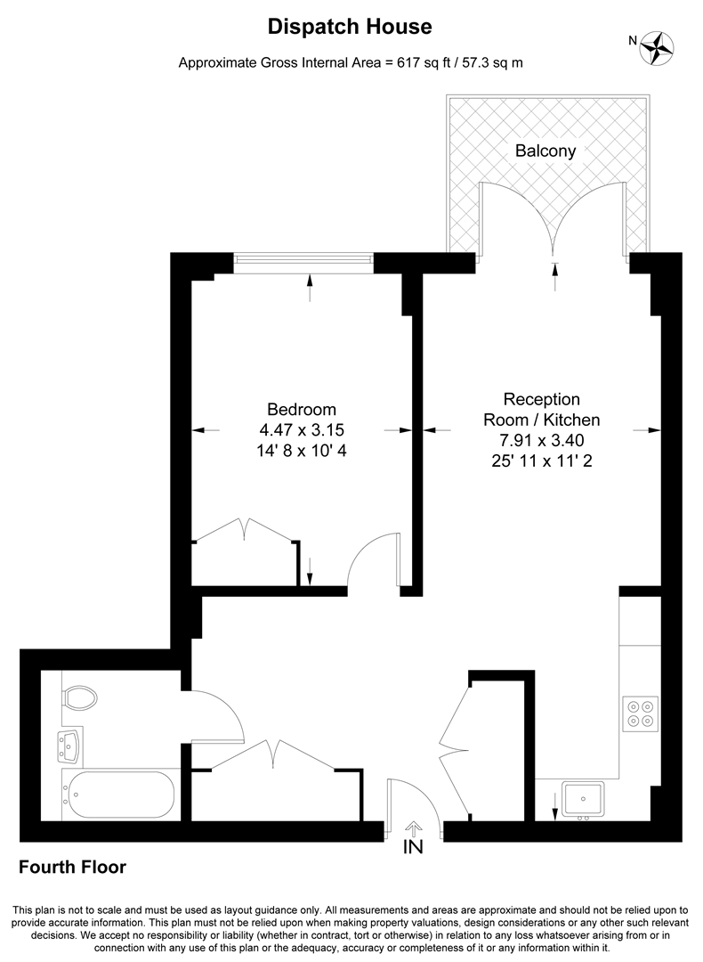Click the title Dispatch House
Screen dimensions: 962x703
click(x=350, y=28)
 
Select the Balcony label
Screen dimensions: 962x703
click(x=545, y=151)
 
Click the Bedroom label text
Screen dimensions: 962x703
click(x=302, y=410)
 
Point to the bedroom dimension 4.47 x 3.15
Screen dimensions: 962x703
click(x=302, y=430)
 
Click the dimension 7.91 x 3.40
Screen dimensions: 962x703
click(x=541, y=440)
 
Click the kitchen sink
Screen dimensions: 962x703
click(x=582, y=797)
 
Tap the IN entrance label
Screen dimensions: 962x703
click(x=414, y=847)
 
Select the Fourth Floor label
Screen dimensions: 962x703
click(x=72, y=867)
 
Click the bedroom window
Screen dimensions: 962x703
click(x=303, y=259)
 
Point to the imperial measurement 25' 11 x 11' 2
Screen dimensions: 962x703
click(x=541, y=461)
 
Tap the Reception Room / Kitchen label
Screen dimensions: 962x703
click(x=541, y=410)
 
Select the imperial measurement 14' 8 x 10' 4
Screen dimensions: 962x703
click(x=302, y=451)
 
